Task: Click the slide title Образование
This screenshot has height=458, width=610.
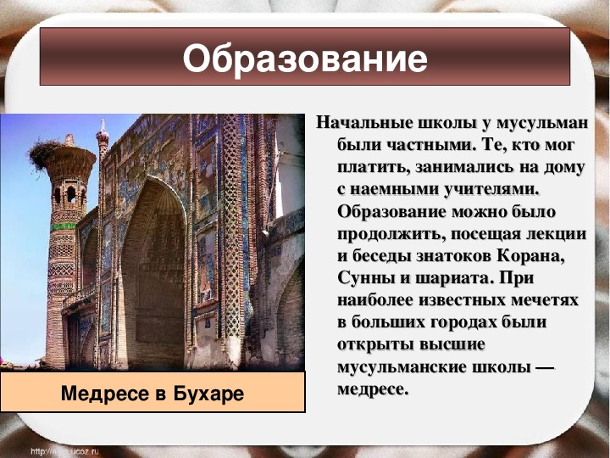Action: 305,59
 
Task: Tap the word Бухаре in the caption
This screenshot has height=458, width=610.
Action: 208,394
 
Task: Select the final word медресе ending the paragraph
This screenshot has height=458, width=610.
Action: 373,389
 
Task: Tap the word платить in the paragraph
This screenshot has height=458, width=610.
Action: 373,167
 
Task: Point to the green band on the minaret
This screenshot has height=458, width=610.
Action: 63,226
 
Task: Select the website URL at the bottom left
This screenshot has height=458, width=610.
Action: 64,451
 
